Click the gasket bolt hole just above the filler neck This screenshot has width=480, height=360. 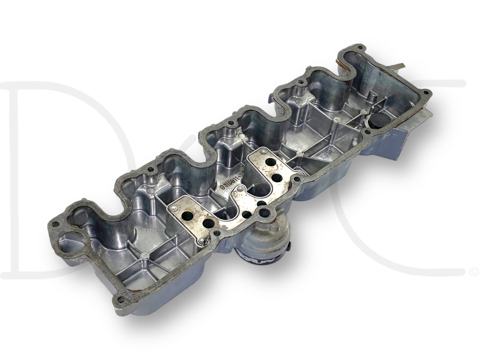[x=293, y=181]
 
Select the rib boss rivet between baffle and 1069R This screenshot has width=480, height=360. [x=301, y=153]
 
